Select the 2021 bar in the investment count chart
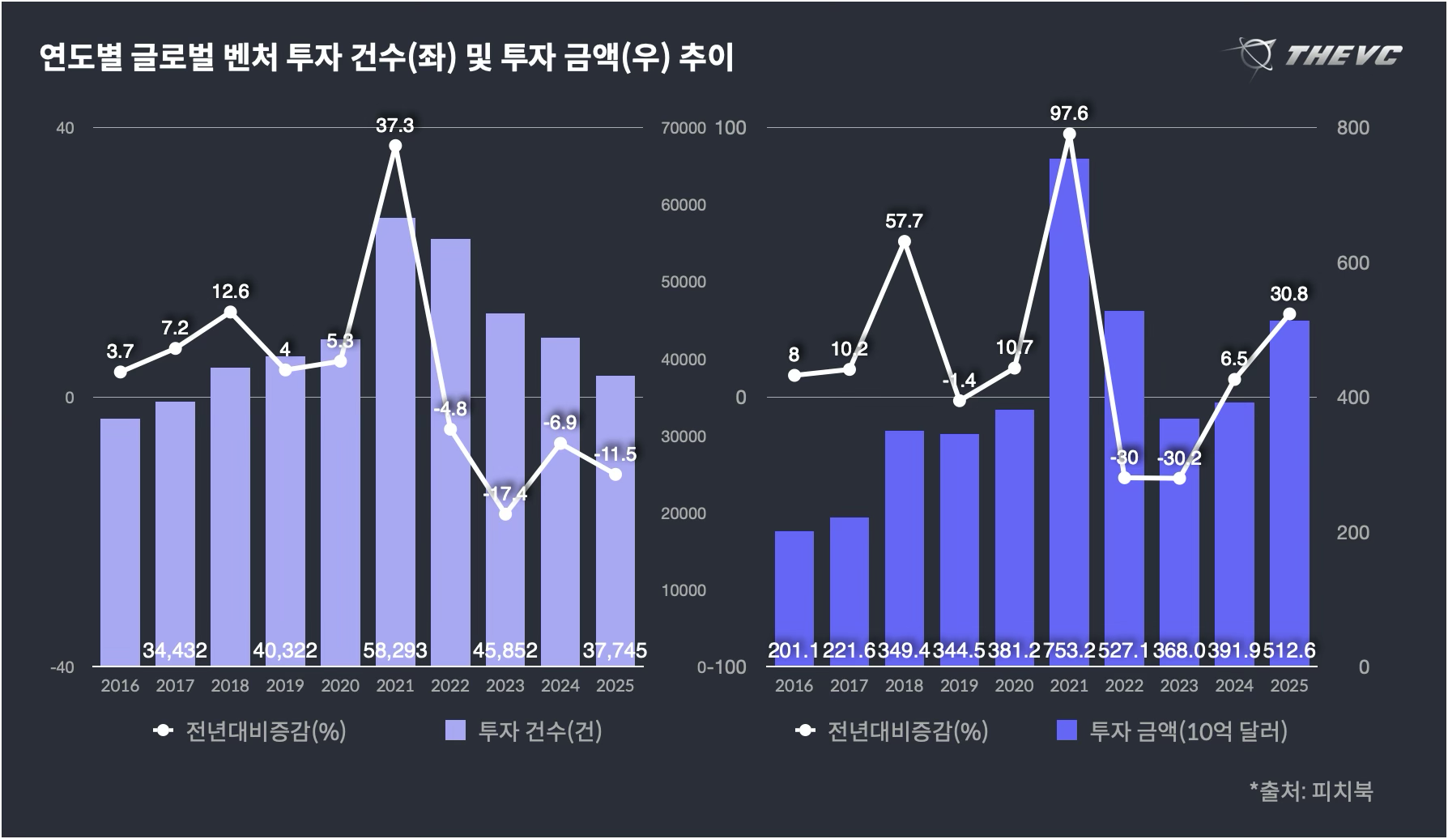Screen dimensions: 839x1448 click(395, 437)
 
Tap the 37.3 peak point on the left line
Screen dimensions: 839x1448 click(395, 147)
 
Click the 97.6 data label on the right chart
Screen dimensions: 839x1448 click(1069, 113)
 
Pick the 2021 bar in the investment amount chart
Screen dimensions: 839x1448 click(1069, 405)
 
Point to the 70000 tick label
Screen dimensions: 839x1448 click(684, 128)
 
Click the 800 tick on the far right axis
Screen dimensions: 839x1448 click(1353, 128)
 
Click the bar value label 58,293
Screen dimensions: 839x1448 click(395, 650)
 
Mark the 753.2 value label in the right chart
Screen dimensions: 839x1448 click(1069, 650)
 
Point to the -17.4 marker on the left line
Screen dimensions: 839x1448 click(505, 513)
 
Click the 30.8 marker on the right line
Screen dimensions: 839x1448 click(1289, 314)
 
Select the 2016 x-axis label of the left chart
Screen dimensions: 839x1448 click(120, 686)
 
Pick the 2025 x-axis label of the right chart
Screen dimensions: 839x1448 click(1289, 686)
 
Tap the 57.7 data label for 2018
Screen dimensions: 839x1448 click(904, 221)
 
